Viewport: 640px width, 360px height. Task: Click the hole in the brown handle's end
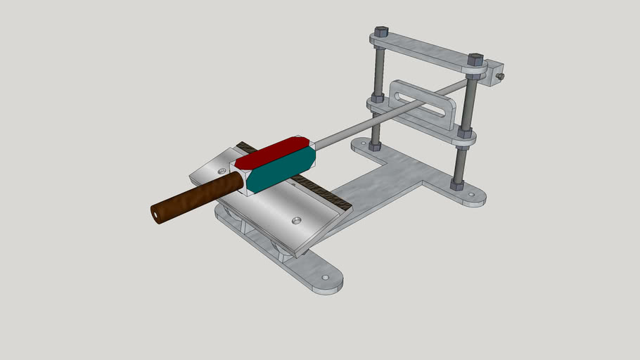(155, 212)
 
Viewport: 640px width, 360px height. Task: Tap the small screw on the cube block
(501, 76)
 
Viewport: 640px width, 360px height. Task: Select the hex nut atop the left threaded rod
(380, 32)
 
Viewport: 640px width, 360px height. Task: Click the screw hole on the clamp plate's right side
(296, 221)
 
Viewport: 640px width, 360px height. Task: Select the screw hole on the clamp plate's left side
(222, 170)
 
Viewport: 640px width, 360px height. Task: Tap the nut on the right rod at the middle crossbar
(466, 131)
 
